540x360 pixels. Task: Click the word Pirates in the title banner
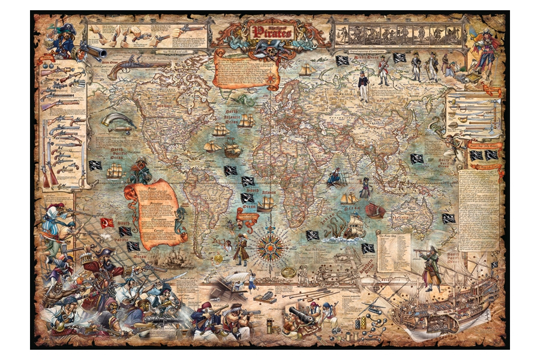coord(273,31)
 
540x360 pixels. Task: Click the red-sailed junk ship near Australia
coord(375,210)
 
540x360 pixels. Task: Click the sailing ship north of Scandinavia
coord(307,70)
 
